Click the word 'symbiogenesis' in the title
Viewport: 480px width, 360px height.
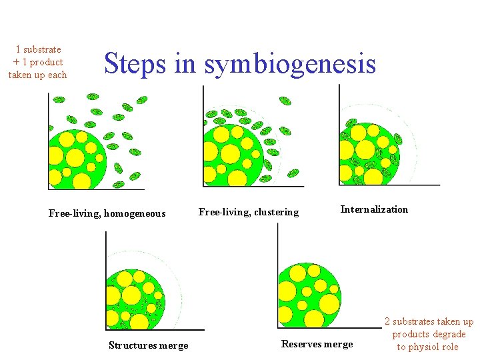pyautogui.click(x=290, y=64)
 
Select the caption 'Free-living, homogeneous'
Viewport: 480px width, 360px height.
pyautogui.click(x=107, y=213)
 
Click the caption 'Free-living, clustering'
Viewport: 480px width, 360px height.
pyautogui.click(x=249, y=212)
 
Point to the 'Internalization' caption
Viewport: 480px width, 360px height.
pyautogui.click(x=374, y=209)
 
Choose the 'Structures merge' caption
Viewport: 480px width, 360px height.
pyautogui.click(x=148, y=345)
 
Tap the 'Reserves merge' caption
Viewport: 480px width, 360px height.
pyautogui.click(x=317, y=344)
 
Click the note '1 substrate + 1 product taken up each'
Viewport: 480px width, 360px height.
pyautogui.click(x=38, y=62)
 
